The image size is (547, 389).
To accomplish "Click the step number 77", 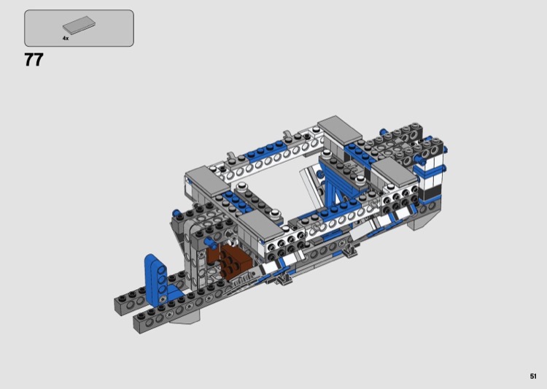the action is click(34, 60).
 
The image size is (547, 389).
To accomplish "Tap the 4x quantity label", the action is click(66, 38).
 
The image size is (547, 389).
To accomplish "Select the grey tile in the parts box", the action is click(79, 26).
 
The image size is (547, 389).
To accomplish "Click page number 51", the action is click(532, 376).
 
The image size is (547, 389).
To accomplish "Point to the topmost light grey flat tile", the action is click(339, 129).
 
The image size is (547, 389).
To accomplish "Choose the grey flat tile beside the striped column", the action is click(395, 172).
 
